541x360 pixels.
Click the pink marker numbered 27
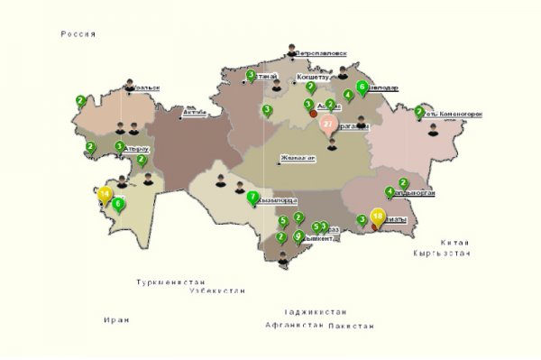pyautogui.click(x=328, y=125)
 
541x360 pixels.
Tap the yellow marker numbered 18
pyautogui.click(x=378, y=217)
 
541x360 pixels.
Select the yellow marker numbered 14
pyautogui.click(x=105, y=194)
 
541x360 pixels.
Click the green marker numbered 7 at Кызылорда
pyautogui.click(x=253, y=197)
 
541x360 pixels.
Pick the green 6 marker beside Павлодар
pyautogui.click(x=362, y=88)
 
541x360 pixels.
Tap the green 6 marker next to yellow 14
pyautogui.click(x=118, y=204)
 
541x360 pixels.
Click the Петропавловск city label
pyautogui.click(x=321, y=54)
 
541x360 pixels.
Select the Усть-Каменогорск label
pyautogui.click(x=454, y=115)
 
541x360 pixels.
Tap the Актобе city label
pyautogui.click(x=194, y=113)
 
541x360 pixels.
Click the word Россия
pyautogui.click(x=78, y=33)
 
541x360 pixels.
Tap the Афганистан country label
pyautogui.click(x=294, y=323)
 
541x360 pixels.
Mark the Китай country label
pyautogui.click(x=455, y=243)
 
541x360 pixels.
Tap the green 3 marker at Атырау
pyautogui.click(x=119, y=146)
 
